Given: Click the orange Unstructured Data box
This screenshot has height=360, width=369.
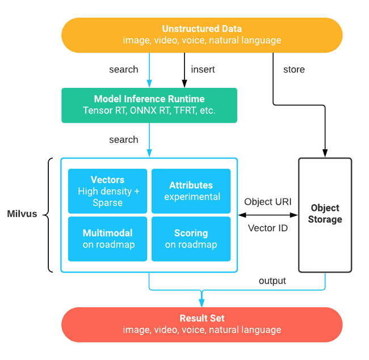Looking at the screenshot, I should [x=202, y=35].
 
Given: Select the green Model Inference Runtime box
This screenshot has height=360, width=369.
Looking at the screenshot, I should [x=149, y=105].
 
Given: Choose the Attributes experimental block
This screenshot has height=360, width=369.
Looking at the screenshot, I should [x=191, y=190].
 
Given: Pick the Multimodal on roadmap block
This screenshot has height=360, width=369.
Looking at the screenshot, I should [x=108, y=239].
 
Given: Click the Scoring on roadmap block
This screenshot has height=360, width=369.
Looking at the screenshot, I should [x=191, y=239].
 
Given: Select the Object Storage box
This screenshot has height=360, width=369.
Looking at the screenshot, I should [x=325, y=215].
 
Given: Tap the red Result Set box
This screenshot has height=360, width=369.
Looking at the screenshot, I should [x=202, y=324].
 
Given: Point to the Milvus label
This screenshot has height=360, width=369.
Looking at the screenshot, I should [x=22, y=215].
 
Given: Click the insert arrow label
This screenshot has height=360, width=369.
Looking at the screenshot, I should [x=203, y=70].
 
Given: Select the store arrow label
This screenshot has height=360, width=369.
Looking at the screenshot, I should [x=294, y=70].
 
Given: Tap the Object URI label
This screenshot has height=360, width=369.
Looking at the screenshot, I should [x=268, y=202].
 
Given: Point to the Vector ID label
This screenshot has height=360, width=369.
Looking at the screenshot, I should [x=268, y=228].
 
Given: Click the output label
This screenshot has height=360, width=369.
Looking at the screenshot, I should [x=272, y=281].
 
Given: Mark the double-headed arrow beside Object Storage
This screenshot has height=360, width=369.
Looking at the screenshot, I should [x=268, y=215].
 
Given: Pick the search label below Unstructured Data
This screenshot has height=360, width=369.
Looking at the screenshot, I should [x=124, y=70].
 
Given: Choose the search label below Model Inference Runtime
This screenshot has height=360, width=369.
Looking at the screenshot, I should [x=124, y=139].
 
